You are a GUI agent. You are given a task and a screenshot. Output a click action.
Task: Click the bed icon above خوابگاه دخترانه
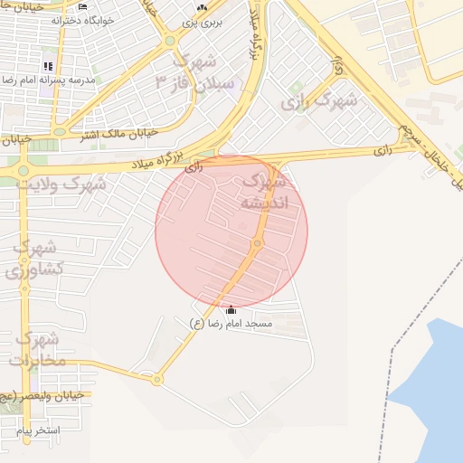83,6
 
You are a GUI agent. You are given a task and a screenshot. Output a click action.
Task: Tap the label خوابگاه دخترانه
83,19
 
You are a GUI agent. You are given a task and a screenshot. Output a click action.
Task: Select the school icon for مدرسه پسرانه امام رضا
48,66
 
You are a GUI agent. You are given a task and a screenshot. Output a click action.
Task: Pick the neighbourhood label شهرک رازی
318,101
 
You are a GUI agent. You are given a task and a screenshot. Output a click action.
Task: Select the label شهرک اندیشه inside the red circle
263,192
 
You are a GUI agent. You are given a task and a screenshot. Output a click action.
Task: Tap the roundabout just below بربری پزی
168,40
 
